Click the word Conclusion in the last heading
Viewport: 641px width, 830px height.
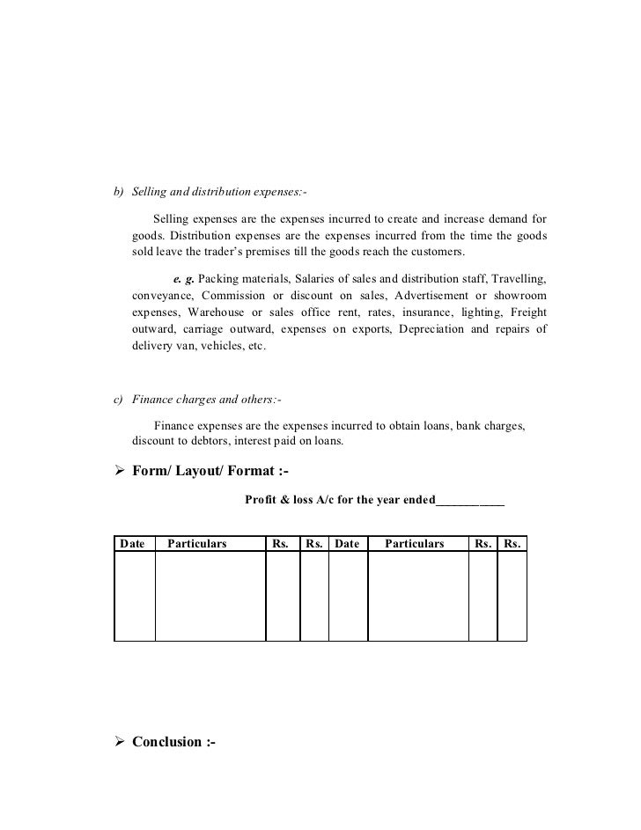pos(166,742)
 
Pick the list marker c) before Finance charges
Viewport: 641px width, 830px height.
pos(118,400)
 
